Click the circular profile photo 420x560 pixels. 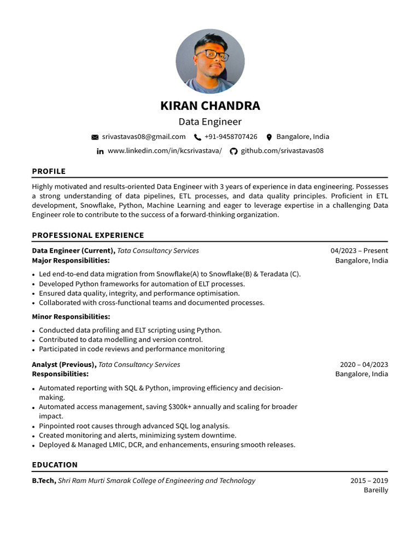point(210,61)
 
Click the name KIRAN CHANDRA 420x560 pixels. point(210,106)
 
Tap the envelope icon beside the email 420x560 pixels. point(95,137)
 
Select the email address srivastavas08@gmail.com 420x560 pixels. point(143,137)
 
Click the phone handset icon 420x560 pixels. point(197,137)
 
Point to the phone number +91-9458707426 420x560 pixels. point(231,137)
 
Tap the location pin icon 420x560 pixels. point(269,137)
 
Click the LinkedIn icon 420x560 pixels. point(100,151)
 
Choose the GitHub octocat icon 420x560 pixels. point(234,151)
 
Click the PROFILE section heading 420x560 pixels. point(49,171)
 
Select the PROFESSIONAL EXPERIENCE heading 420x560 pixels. point(87,235)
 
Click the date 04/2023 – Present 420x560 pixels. point(359,250)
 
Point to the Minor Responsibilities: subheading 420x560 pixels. point(71,317)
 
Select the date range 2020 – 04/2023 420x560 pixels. point(364,364)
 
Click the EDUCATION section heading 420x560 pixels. point(55,465)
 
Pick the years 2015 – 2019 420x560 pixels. point(369,481)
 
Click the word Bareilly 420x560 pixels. point(376,490)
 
